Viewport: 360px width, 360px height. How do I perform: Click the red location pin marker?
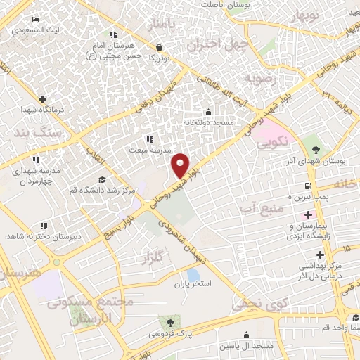click(x=181, y=165)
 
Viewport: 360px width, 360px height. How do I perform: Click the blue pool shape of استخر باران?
click(x=192, y=274)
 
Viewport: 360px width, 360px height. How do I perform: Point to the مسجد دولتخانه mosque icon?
click(x=207, y=112)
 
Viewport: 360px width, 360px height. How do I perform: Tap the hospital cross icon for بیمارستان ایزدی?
click(x=308, y=213)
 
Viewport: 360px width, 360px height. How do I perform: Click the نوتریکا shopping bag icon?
click(x=160, y=47)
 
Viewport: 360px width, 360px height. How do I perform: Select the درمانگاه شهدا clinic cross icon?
click(x=42, y=99)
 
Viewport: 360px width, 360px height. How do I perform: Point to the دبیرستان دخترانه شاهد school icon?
click(x=43, y=225)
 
